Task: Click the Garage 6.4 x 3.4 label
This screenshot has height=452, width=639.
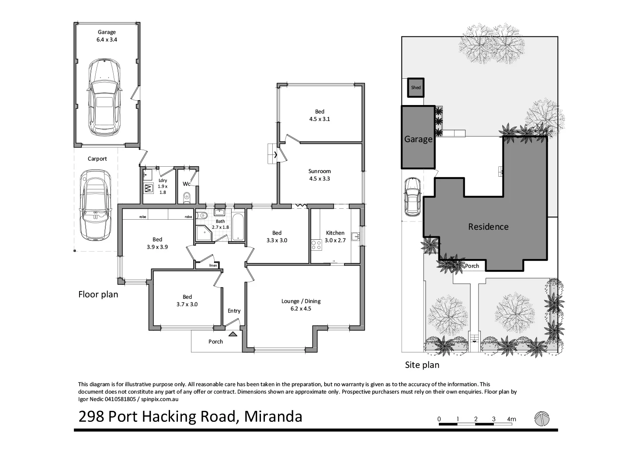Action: (x=107, y=35)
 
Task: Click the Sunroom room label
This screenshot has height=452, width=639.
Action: (x=319, y=175)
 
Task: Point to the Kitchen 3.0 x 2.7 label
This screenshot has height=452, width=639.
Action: (x=335, y=236)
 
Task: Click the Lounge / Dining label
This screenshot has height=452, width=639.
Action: (x=301, y=305)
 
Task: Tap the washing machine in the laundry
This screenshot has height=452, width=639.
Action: (x=148, y=189)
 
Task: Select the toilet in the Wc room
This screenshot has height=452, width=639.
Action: (x=188, y=196)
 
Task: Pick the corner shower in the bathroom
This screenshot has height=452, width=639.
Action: (x=203, y=234)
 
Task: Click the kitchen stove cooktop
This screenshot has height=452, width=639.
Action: (x=316, y=245)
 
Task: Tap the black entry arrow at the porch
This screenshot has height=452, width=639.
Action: (x=233, y=334)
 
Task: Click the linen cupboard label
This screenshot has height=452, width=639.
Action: (x=213, y=265)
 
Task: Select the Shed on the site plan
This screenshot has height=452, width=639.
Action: (x=416, y=88)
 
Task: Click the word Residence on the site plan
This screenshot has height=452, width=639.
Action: (x=488, y=227)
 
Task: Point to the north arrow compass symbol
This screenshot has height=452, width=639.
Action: (x=542, y=419)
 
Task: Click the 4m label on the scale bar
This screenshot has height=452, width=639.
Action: (x=511, y=419)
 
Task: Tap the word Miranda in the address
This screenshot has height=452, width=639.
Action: (x=273, y=416)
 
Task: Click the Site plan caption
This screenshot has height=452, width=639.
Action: (x=422, y=364)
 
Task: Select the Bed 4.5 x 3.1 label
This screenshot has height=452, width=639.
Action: (x=319, y=115)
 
